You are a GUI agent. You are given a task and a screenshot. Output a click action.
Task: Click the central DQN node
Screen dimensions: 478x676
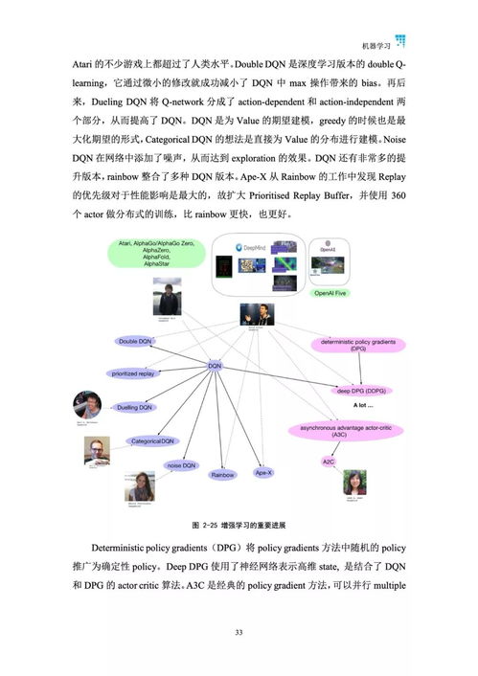[x=215, y=365]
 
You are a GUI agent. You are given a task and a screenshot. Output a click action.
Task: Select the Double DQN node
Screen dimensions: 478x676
[x=135, y=341]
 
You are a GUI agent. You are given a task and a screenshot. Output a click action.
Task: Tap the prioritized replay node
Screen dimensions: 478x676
[x=132, y=373]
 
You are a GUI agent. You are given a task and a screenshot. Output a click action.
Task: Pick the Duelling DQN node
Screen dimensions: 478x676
[x=134, y=407]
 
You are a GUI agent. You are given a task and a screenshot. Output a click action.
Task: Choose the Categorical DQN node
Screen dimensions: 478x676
[x=152, y=440]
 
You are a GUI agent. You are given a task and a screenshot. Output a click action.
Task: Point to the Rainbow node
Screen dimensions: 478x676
[x=222, y=474]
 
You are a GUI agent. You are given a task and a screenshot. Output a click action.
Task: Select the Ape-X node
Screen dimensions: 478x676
[x=263, y=472]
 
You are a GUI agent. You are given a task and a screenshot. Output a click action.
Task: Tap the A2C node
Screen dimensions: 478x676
[x=328, y=461]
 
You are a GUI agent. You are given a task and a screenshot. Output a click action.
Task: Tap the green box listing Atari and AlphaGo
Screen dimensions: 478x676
[x=148, y=256]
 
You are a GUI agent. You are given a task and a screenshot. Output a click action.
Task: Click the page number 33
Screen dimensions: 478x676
[x=239, y=632]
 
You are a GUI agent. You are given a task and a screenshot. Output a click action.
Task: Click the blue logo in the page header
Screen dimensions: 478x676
[x=399, y=40]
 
